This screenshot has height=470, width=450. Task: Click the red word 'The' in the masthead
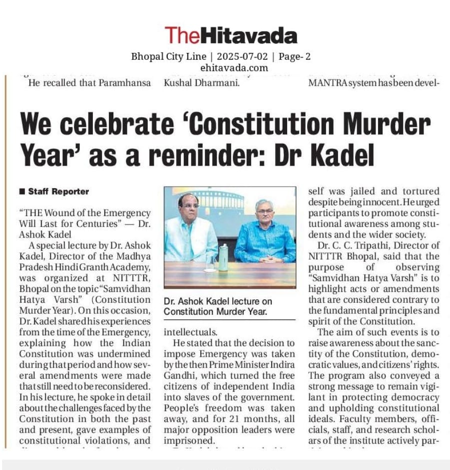pyautogui.click(x=182, y=35)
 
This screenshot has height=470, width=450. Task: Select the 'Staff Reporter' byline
pyautogui.click(x=58, y=192)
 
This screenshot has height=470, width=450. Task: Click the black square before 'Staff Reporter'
pyautogui.click(x=22, y=192)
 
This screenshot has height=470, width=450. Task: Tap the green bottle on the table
pyautogui.click(x=223, y=257)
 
